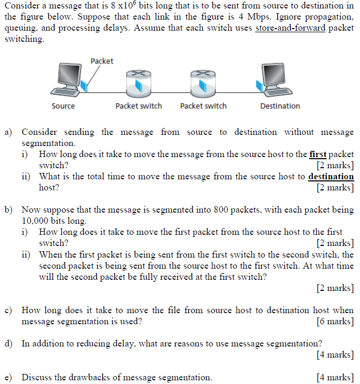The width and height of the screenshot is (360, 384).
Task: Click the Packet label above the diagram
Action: (x=102, y=61)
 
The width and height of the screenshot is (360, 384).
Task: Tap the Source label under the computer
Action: (x=63, y=106)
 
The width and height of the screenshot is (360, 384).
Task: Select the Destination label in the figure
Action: (x=280, y=106)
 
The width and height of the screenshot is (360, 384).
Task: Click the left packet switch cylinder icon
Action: (x=138, y=83)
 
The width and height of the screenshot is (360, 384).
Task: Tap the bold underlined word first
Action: (x=318, y=154)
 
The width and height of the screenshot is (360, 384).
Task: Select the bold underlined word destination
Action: (x=331, y=177)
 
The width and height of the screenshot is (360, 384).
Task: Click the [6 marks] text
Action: (x=335, y=321)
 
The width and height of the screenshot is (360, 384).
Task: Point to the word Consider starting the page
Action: (x=21, y=6)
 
